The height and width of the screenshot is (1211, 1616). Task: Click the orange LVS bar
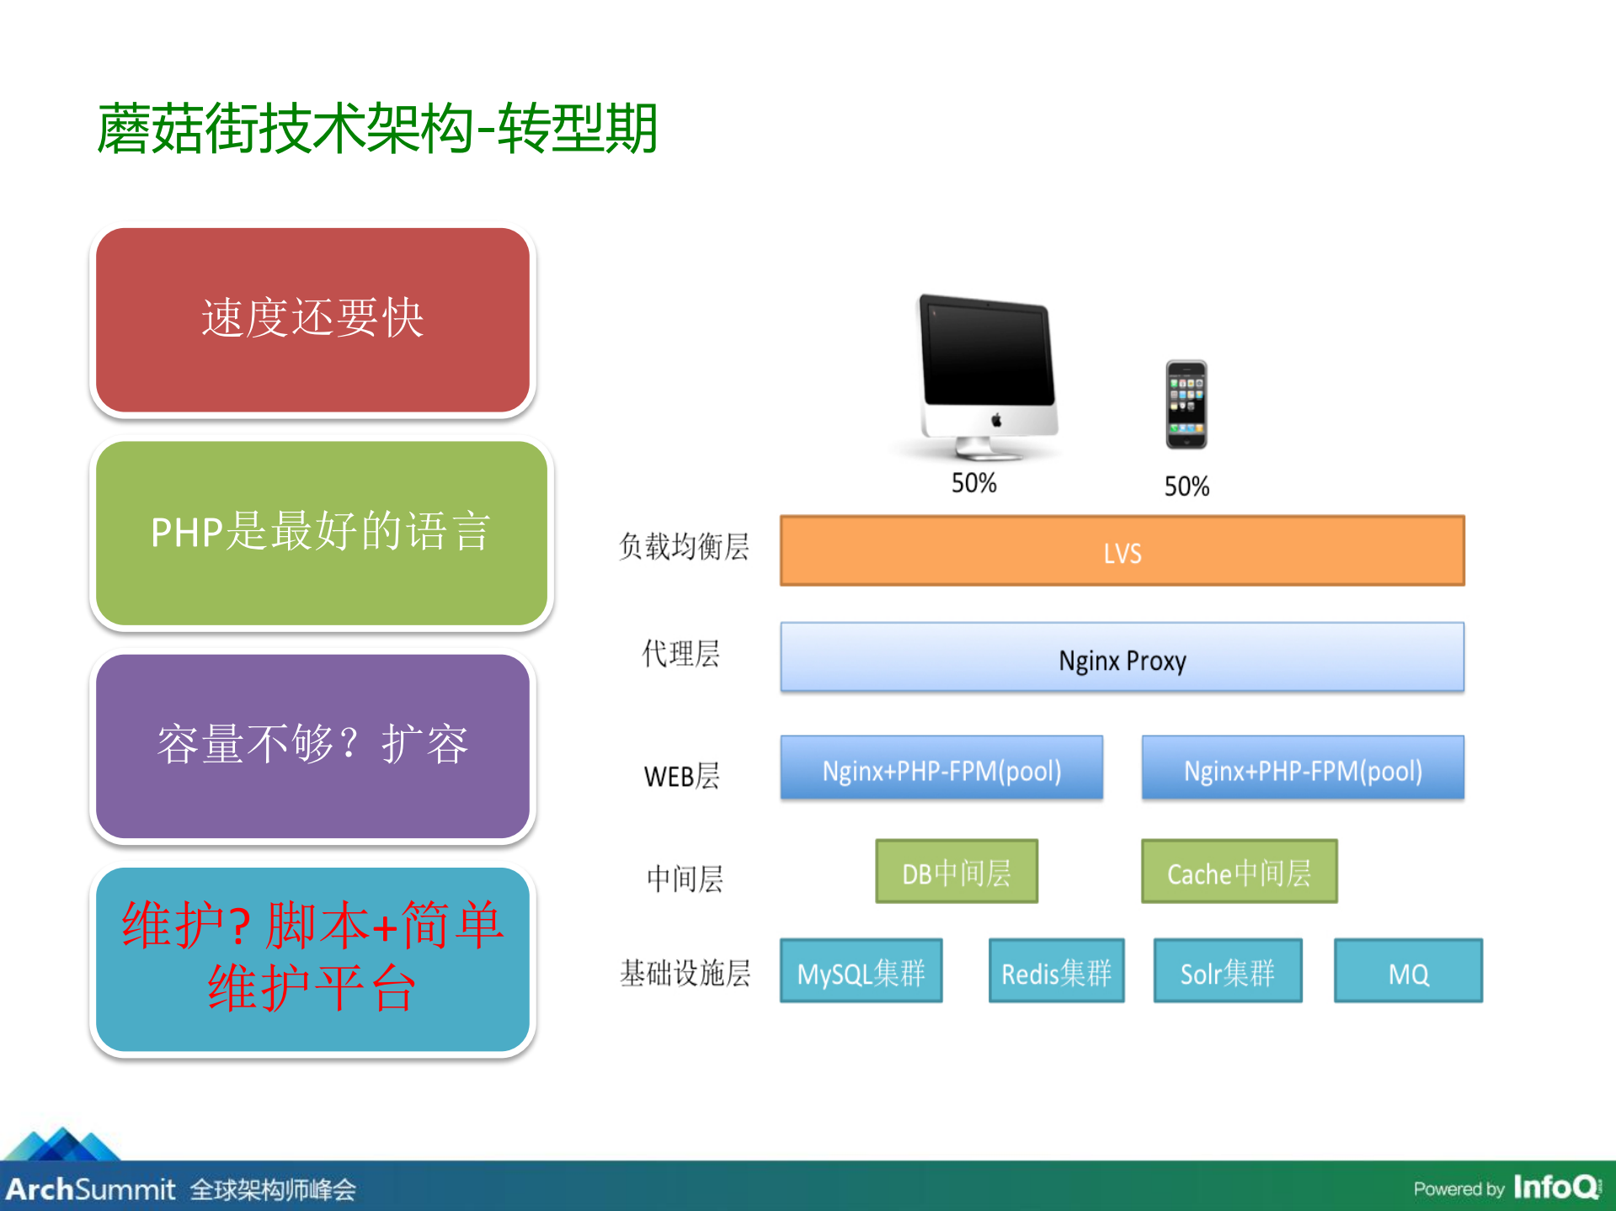[x=1122, y=551]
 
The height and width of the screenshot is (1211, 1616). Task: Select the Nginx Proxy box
[x=1122, y=658]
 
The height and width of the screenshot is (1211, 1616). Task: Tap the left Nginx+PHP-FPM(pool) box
[x=941, y=768]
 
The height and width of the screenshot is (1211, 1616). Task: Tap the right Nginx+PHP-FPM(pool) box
[x=1303, y=768]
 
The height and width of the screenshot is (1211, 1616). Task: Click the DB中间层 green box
[x=957, y=872]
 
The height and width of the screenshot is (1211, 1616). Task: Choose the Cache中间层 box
[x=1239, y=872]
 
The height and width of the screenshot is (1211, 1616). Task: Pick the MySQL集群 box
[x=861, y=971]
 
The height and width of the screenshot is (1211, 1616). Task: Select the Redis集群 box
[x=1056, y=971]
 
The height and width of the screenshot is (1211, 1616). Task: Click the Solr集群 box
[x=1228, y=971]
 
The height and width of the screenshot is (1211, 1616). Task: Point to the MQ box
[x=1408, y=971]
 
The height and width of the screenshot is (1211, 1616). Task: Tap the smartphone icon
[x=1186, y=405]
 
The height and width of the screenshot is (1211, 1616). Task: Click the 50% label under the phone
[x=1186, y=486]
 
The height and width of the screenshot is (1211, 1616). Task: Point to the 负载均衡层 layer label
[x=683, y=547]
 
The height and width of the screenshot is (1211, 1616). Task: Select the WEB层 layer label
[x=681, y=776]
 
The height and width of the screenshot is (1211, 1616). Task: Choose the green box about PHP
[x=321, y=533]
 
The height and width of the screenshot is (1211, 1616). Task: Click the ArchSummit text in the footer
[x=90, y=1189]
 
